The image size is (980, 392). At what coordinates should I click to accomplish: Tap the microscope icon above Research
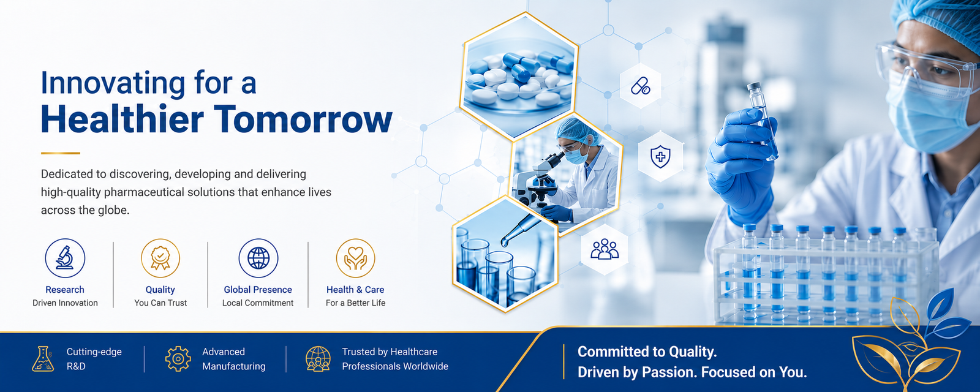coord(65,258)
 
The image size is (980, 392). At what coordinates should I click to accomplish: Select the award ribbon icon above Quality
coord(160,258)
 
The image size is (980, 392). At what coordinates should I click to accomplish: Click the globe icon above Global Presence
coord(258,258)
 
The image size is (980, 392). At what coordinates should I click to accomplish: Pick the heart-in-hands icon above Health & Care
coord(355,258)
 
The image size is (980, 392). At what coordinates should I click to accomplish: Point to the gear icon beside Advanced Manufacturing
coord(178,359)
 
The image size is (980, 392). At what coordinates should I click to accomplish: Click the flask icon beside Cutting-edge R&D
coord(43,359)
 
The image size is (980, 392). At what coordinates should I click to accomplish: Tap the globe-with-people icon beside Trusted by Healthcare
coord(318,359)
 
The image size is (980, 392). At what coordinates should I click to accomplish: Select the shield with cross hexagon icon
coord(660,157)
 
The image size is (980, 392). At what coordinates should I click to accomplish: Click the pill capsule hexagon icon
coord(641,86)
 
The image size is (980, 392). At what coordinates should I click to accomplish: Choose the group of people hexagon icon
coord(605,249)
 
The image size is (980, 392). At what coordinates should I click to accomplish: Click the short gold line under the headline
coord(61,153)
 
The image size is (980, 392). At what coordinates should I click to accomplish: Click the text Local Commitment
coord(258,303)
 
